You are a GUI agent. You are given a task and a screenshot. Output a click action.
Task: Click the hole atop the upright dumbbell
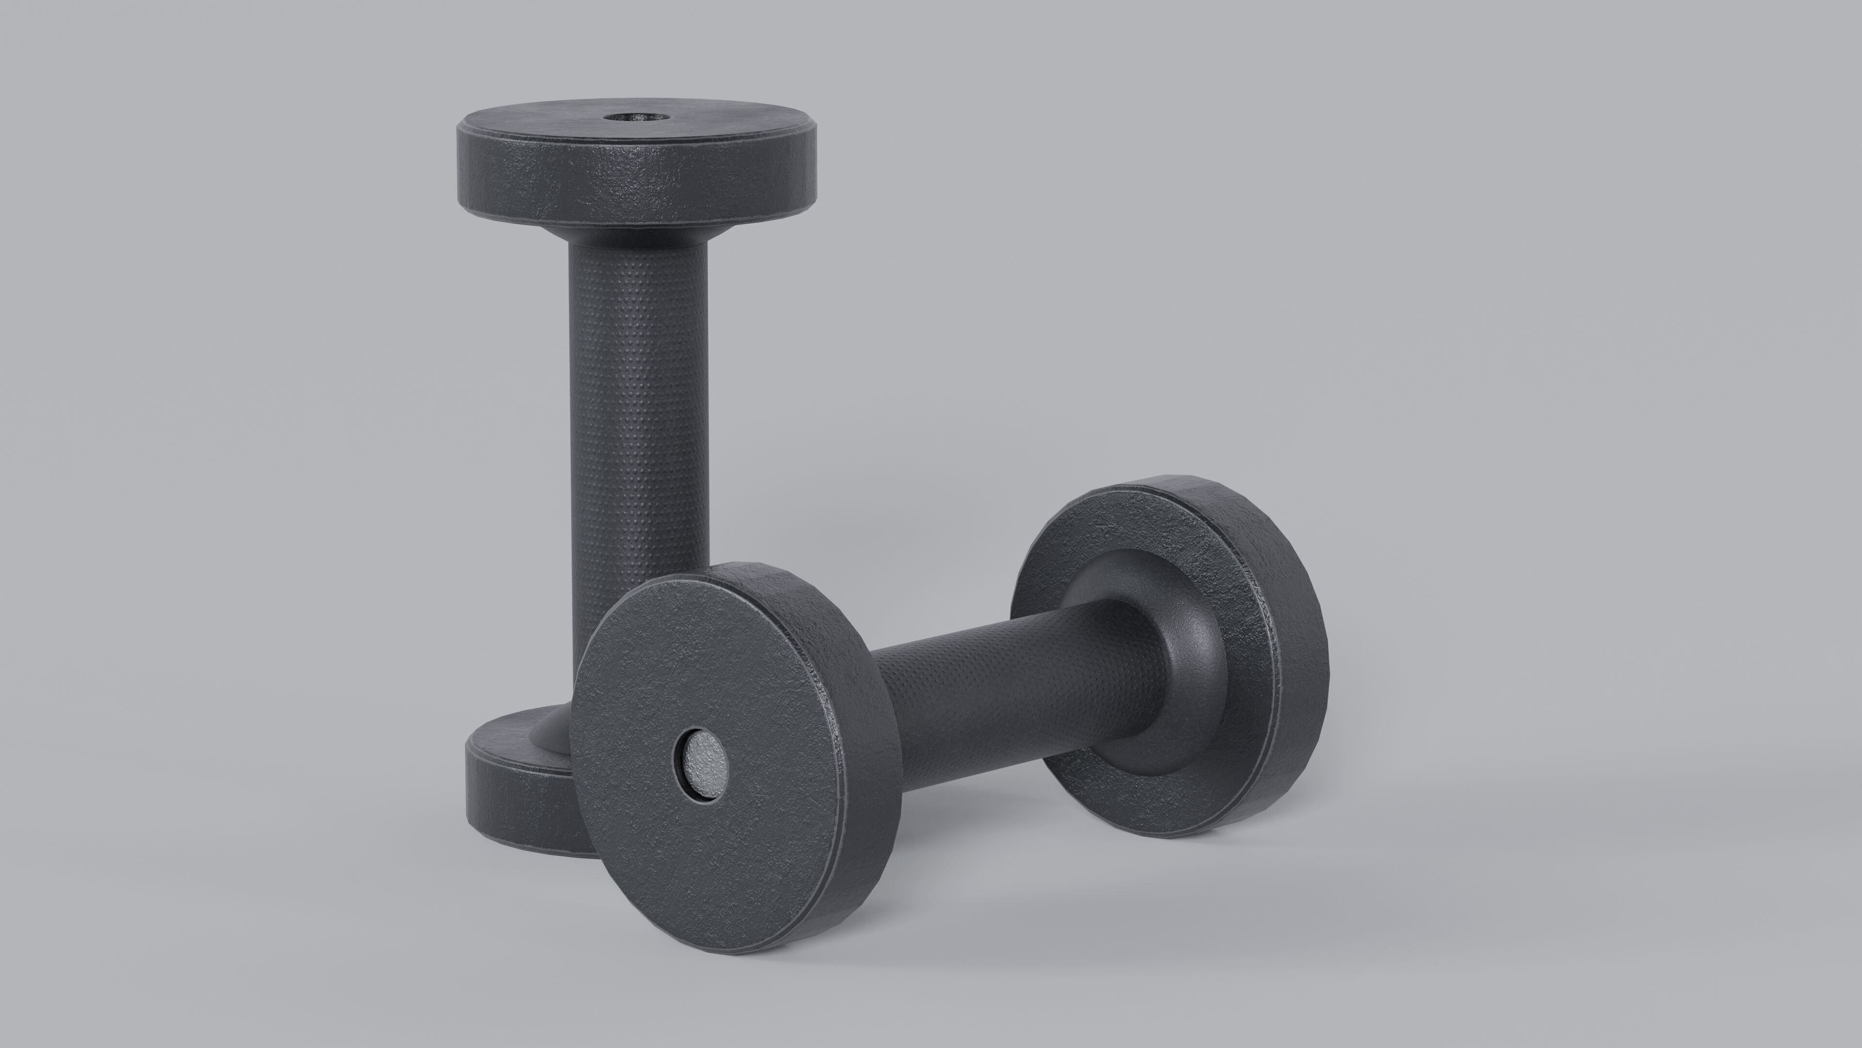633,116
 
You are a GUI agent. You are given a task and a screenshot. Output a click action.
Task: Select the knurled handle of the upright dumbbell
639,405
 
